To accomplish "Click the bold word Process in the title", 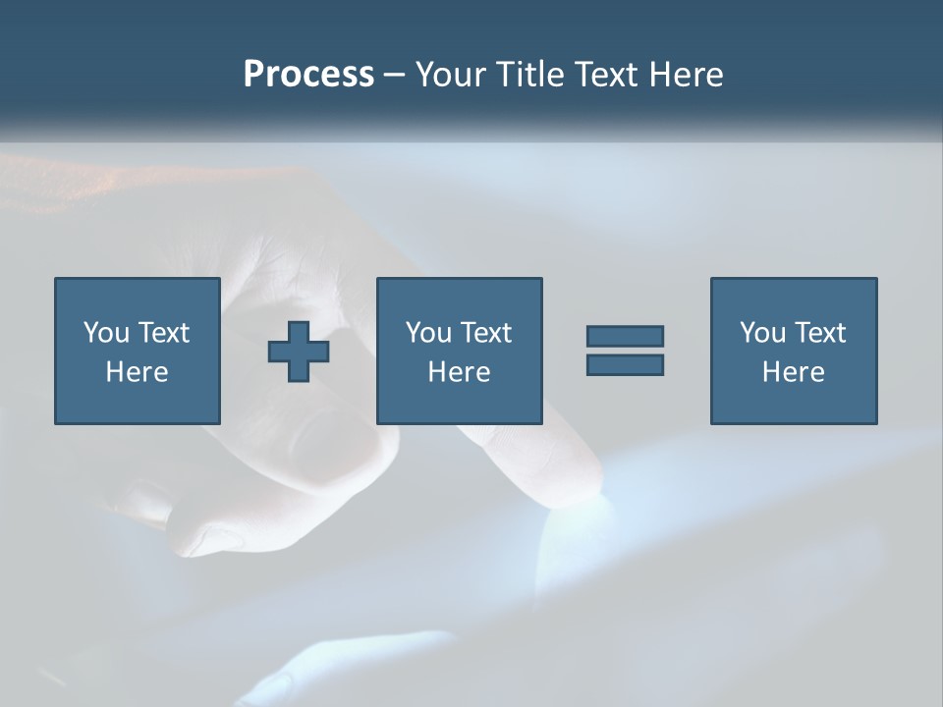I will (308, 75).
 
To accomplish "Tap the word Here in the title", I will (684, 75).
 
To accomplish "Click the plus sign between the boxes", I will (299, 352).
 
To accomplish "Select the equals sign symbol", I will (625, 351).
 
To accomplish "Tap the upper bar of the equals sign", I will (625, 337).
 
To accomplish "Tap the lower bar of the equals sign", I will (625, 364).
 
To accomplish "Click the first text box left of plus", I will (137, 351).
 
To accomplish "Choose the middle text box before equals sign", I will (459, 351).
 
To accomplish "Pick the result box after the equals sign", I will (793, 351).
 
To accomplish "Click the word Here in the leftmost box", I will (137, 372).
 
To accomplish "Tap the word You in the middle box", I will (428, 333).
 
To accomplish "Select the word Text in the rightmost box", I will (818, 333).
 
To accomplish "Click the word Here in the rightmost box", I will (793, 372).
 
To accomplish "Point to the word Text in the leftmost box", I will (163, 333).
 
